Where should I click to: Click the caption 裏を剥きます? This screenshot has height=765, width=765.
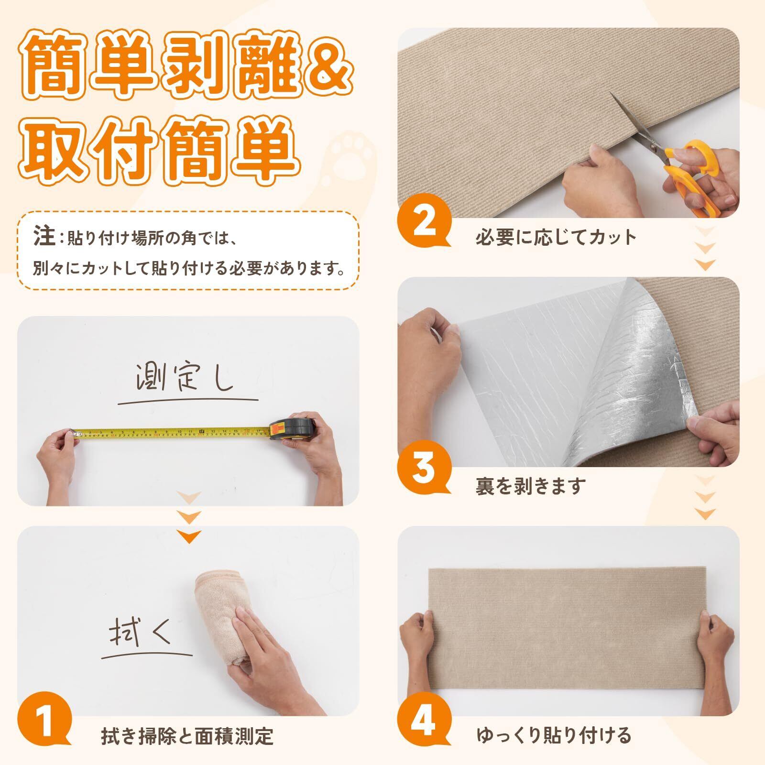click(530, 486)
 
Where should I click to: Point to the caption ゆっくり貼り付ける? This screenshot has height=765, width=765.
click(554, 735)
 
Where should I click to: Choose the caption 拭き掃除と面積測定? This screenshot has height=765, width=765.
click(187, 736)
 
